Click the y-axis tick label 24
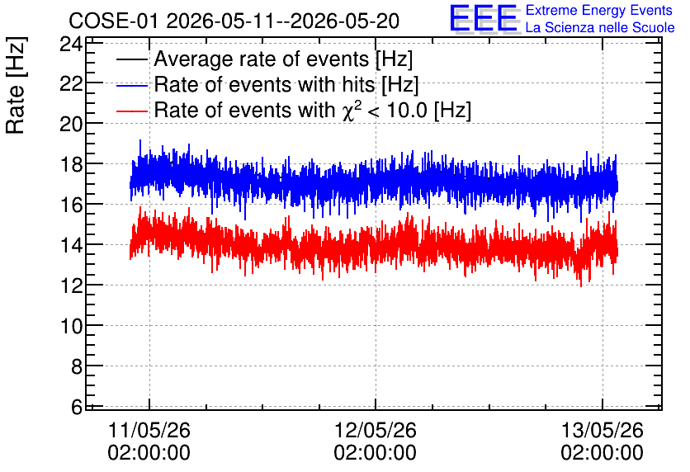point(71,44)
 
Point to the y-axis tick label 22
point(71,83)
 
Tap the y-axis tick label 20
point(71,124)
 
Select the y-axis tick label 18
point(71,164)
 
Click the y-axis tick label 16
point(71,205)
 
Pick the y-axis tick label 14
point(71,245)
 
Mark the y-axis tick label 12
point(71,286)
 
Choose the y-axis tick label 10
point(71,326)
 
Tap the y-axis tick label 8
point(77,366)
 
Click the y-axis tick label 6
point(77,407)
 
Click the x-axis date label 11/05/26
point(149,430)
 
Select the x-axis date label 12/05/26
point(376,430)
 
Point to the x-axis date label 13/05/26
point(602,430)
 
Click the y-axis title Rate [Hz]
point(16,85)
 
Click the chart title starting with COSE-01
point(234,21)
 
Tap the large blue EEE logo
point(484,19)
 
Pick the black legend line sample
point(132,59)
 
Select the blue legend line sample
point(132,85)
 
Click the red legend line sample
point(132,111)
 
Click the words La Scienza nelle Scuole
point(600,28)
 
